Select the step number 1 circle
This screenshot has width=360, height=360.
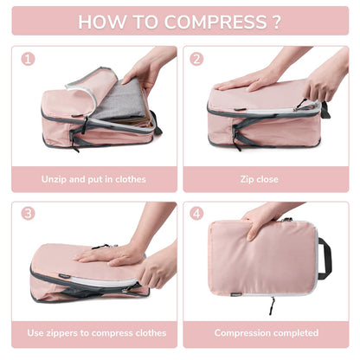[29, 60]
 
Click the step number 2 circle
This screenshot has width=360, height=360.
[197, 60]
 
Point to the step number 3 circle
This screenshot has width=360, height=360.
[29, 213]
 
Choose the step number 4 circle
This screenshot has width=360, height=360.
[197, 213]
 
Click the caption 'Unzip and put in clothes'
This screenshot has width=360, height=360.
[93, 179]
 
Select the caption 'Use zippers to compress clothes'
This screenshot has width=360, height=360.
[93, 332]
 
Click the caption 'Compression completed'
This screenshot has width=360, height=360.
[265, 332]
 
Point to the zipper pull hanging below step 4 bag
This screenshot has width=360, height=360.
[273, 304]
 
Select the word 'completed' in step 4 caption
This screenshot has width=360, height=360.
[293, 332]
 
